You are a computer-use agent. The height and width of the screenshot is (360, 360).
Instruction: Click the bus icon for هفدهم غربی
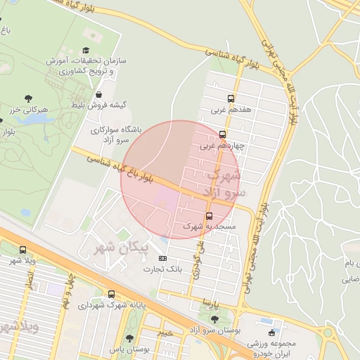(231, 99)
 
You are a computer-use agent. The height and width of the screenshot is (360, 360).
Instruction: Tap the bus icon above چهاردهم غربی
(223, 134)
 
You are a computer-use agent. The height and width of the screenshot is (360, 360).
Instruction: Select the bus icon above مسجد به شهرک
(209, 216)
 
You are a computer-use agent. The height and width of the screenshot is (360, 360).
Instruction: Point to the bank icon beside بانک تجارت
(164, 258)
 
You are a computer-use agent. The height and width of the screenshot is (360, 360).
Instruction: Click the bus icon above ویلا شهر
(23, 250)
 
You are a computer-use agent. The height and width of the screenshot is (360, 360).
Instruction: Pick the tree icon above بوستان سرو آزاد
(214, 319)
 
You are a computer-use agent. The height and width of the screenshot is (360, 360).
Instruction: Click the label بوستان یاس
(126, 348)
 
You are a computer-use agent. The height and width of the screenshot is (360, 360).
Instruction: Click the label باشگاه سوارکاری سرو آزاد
(115, 135)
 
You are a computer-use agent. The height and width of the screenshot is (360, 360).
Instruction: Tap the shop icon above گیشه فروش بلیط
(98, 94)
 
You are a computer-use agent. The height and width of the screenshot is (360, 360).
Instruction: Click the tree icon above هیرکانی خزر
(28, 99)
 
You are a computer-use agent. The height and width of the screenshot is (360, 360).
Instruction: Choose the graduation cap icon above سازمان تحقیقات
(86, 50)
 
